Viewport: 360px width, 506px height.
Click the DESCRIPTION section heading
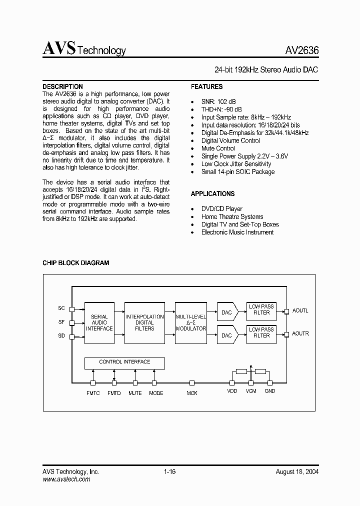click(62, 86)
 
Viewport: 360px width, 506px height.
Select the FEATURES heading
click(206, 86)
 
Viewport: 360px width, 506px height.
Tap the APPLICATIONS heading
click(212, 193)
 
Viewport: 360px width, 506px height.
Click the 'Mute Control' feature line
click(218, 148)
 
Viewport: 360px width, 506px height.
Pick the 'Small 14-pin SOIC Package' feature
click(237, 171)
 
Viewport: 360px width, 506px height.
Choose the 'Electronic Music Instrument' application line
click(237, 232)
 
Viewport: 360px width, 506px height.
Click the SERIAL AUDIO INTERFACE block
click(99, 322)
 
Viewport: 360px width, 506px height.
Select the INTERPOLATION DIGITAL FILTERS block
click(144, 322)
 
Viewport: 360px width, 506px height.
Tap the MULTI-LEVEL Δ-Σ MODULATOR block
click(190, 322)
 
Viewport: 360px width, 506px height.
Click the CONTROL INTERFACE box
click(124, 362)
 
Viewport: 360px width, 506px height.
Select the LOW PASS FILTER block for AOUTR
click(261, 333)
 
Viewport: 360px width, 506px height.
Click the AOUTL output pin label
click(300, 310)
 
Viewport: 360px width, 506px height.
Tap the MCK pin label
click(192, 393)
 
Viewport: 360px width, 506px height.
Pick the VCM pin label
click(251, 391)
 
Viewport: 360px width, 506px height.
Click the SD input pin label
click(61, 336)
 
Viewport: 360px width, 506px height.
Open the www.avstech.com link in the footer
click(66, 479)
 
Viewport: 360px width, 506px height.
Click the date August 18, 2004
click(297, 471)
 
